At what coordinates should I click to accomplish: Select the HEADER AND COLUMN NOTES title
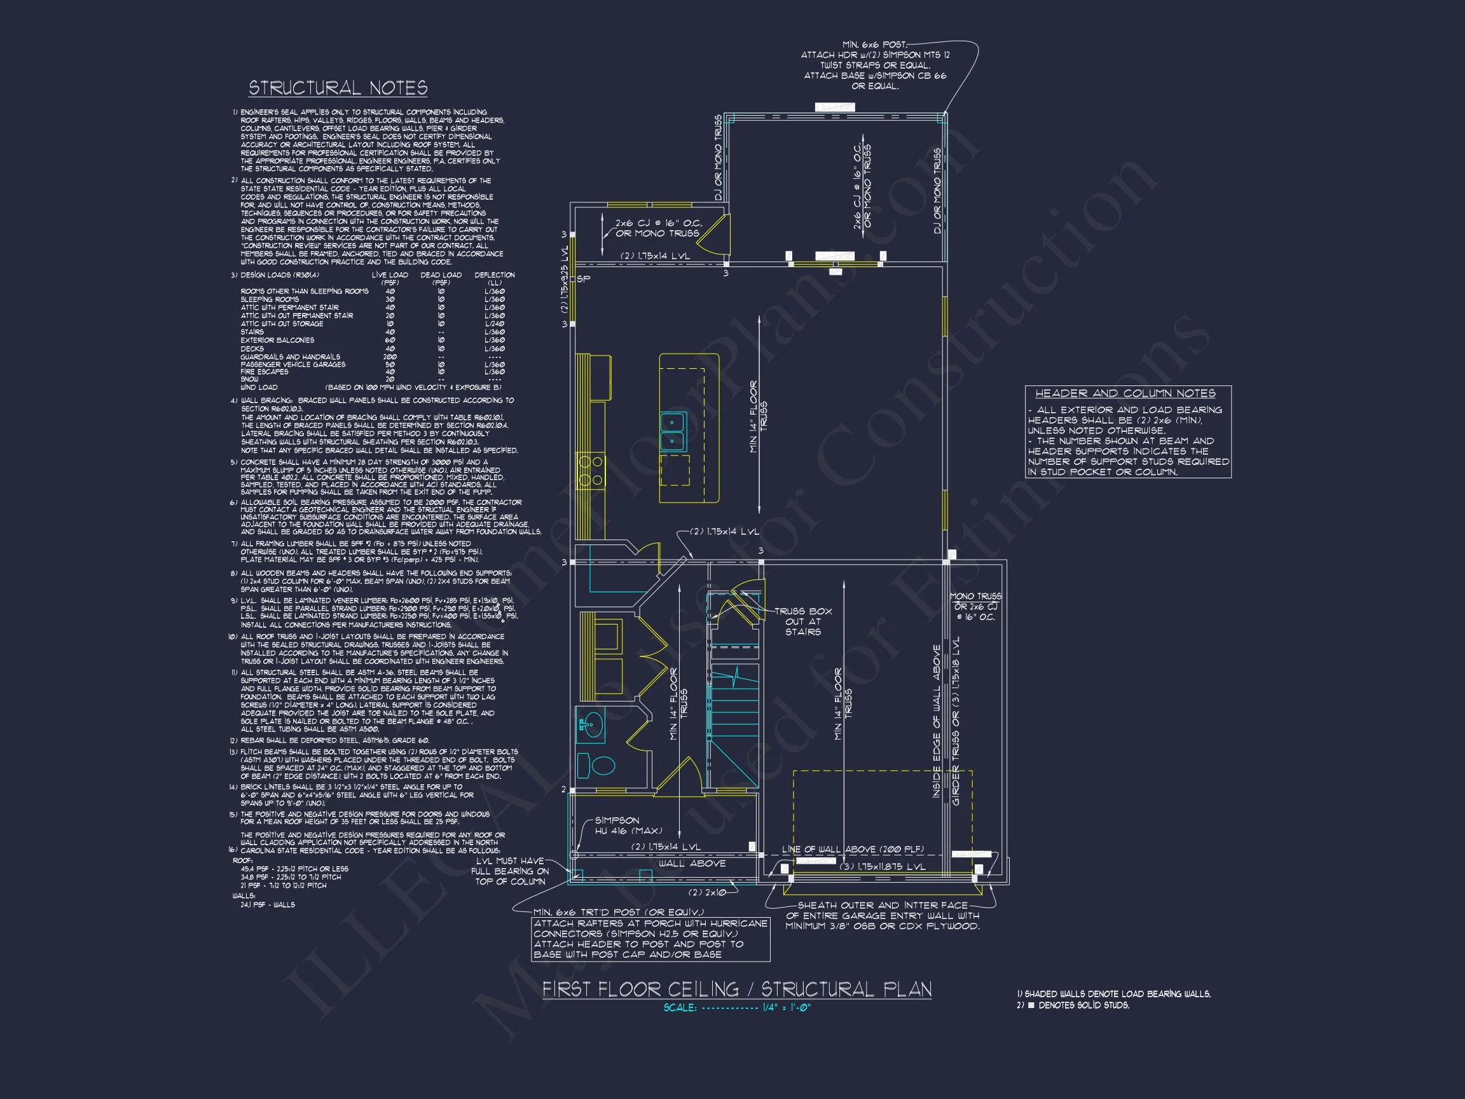pyautogui.click(x=1125, y=394)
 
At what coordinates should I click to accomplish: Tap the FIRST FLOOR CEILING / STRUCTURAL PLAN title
pyautogui.click(x=736, y=989)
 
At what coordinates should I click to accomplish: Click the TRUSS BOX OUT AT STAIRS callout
pyautogui.click(x=802, y=621)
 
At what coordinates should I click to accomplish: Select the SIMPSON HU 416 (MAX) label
pyautogui.click(x=626, y=826)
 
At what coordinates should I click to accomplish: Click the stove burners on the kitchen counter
pyautogui.click(x=590, y=469)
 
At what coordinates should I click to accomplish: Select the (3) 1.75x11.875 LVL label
pyautogui.click(x=882, y=866)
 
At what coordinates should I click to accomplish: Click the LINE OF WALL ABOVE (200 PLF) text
pyautogui.click(x=853, y=849)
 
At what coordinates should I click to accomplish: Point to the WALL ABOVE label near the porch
pyautogui.click(x=691, y=863)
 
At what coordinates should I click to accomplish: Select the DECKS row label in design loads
pyautogui.click(x=252, y=349)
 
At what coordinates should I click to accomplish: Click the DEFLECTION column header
pyautogui.click(x=494, y=275)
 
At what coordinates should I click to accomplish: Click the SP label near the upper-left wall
pyautogui.click(x=583, y=279)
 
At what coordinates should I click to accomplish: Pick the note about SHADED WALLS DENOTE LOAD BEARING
pyautogui.click(x=1113, y=993)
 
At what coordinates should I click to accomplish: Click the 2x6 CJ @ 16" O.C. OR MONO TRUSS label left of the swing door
pyautogui.click(x=657, y=228)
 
